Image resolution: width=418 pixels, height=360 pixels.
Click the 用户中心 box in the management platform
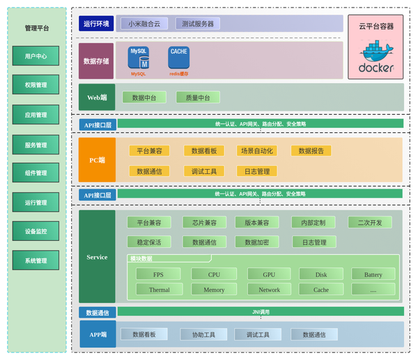(36, 56)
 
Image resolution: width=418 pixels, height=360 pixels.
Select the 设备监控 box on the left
(36, 231)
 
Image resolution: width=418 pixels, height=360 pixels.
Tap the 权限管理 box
(36, 85)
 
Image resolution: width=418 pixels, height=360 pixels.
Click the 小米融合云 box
(144, 24)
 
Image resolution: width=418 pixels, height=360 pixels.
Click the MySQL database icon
(138, 58)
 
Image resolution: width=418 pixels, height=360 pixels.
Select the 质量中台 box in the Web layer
(202, 97)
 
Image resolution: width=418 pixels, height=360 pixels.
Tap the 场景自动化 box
(257, 150)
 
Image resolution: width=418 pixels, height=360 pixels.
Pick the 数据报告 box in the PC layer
(311, 150)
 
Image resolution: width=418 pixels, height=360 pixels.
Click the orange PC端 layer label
(97, 160)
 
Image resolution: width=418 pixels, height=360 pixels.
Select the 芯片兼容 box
(205, 223)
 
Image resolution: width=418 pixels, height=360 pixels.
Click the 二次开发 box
(370, 223)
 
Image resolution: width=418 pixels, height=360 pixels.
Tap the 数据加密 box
(257, 242)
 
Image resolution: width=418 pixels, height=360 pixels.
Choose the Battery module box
(373, 274)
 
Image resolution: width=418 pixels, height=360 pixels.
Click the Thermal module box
(159, 290)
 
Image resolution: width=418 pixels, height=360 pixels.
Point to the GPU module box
(269, 274)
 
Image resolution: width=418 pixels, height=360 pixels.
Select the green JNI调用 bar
(260, 312)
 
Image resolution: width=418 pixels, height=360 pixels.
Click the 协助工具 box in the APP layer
(203, 335)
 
